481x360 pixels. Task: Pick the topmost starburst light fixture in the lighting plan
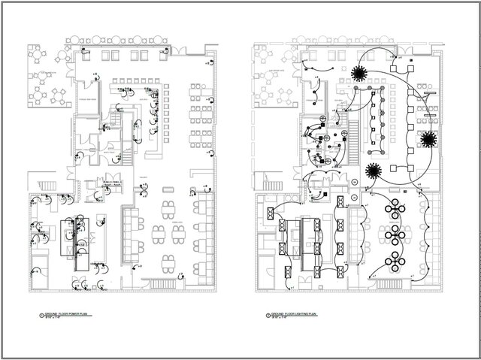pos(359,73)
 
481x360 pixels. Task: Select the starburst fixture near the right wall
pos(430,139)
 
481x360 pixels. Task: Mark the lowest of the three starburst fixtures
pos(374,171)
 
